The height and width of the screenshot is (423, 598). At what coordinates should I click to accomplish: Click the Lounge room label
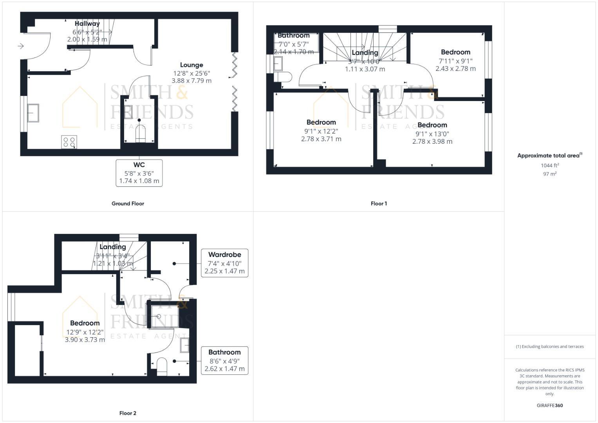coord(192,65)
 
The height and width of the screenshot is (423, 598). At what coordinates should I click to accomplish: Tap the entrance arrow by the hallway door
coord(21,46)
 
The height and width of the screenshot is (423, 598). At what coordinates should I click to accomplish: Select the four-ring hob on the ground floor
coord(69,142)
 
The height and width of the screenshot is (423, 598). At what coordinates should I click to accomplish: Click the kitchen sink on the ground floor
coord(33,113)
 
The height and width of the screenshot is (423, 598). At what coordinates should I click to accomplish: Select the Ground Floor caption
coord(128,204)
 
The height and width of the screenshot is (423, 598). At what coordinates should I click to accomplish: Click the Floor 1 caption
coord(379,204)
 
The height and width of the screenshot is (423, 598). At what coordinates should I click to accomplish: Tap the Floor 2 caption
coord(128,413)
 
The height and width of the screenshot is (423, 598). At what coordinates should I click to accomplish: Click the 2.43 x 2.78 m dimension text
coord(455,69)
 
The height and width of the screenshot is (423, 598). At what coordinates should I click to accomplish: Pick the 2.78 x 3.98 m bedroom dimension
coord(432,141)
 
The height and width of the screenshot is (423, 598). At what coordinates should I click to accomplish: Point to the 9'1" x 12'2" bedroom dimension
coord(321,131)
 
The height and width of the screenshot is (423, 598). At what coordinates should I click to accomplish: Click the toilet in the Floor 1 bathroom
coord(284,76)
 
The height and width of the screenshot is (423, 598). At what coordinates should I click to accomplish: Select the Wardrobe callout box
coord(224,263)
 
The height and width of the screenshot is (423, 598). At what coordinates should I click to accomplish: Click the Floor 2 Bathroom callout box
coord(224,360)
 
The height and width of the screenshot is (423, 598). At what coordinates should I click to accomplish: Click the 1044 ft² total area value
coord(549,165)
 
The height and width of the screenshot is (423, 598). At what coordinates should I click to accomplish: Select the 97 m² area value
coord(549,174)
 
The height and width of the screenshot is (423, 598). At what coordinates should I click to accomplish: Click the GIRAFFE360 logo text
coord(549,405)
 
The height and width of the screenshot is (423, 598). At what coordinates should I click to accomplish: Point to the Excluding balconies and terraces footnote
coord(549,347)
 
